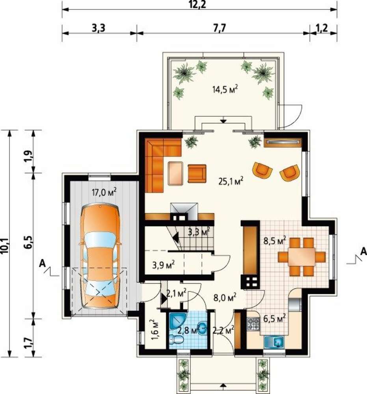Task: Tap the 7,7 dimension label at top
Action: [x=220, y=28]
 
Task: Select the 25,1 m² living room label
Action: [x=231, y=181]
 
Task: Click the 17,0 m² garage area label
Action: [x=104, y=193]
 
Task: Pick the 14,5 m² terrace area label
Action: [x=225, y=89]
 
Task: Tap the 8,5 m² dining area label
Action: [x=274, y=241]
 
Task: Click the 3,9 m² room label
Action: [x=164, y=265]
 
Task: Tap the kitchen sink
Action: [x=274, y=342]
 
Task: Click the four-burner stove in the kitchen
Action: [x=253, y=324]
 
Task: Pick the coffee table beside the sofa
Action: [x=175, y=174]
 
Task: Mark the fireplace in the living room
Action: [x=184, y=212]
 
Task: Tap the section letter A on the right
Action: [x=363, y=251]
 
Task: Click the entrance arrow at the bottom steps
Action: [x=223, y=385]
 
